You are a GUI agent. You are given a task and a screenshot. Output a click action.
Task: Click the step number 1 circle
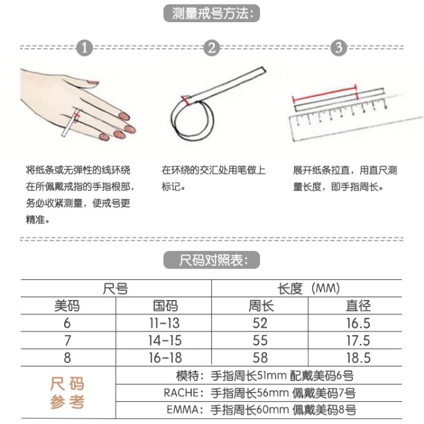point(84,48)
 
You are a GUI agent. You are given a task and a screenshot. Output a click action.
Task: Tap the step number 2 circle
point(211,48)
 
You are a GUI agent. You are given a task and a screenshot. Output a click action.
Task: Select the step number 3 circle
point(338,48)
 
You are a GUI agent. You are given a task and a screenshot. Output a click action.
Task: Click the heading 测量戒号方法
point(212,14)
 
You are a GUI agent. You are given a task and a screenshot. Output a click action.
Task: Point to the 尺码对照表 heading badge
point(212,260)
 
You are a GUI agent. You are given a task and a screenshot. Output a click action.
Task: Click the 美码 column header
point(67,306)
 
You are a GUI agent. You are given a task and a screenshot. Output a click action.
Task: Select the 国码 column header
point(166,306)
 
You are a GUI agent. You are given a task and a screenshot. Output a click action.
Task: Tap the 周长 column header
point(261,306)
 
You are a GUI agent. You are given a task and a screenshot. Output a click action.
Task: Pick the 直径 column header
point(358,306)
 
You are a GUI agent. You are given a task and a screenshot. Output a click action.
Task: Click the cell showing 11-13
point(165,323)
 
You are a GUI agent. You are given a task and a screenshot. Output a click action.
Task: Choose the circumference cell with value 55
point(260,340)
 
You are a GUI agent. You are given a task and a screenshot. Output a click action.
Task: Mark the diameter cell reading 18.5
point(358,357)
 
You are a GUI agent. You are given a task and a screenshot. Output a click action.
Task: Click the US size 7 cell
point(67,340)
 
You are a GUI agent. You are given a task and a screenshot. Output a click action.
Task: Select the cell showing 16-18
point(165,357)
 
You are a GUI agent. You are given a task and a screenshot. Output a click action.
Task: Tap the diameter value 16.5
point(358,323)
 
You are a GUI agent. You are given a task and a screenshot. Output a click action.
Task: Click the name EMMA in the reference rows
point(183,410)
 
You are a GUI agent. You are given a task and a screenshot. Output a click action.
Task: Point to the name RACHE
point(181,393)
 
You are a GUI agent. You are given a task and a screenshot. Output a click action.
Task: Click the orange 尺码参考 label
point(67,393)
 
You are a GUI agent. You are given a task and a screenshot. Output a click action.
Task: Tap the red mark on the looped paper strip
point(185,100)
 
